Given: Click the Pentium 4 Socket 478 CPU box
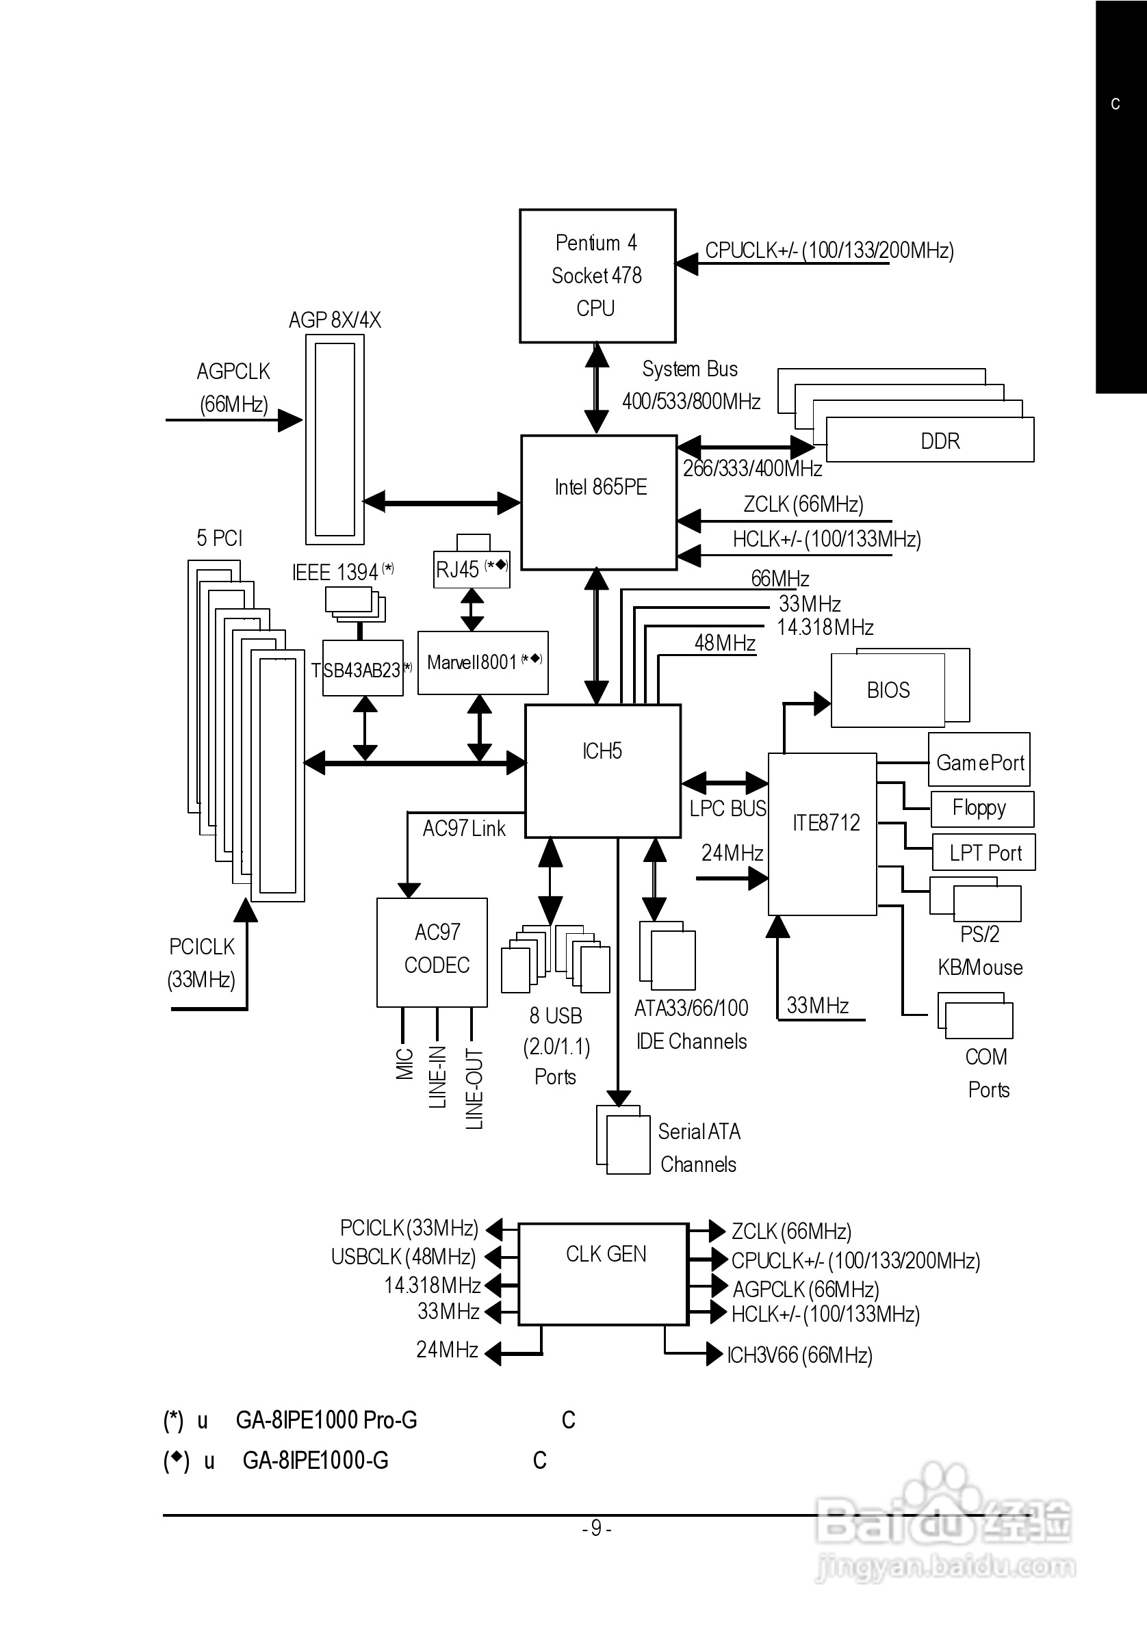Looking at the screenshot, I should pos(597,276).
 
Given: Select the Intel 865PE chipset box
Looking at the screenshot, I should pos(599,501).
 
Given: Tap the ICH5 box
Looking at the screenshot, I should pos(603,771).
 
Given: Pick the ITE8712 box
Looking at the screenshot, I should pos(822,834).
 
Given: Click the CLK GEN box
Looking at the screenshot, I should pos(604,1273).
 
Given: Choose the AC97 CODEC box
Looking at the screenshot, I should pos(432,952).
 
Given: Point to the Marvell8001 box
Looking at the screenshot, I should pos(482,663).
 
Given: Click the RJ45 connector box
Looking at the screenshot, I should pos(471,570).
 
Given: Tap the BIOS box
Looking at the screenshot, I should pos(888,690).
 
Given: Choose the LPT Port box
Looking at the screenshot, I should pos(984,852).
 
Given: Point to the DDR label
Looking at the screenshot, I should pos(940,441).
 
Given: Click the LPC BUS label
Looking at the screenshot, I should pos(727,809).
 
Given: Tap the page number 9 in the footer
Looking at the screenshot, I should pos(596,1527).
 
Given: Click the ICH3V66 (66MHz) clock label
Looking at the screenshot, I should pos(799,1355).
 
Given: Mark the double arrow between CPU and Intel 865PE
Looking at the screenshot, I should pos(596,389).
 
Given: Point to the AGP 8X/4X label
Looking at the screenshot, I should pos(335,320).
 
